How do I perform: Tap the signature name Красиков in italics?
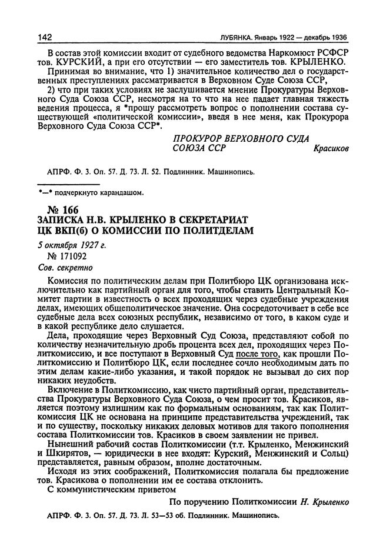[332, 149]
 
